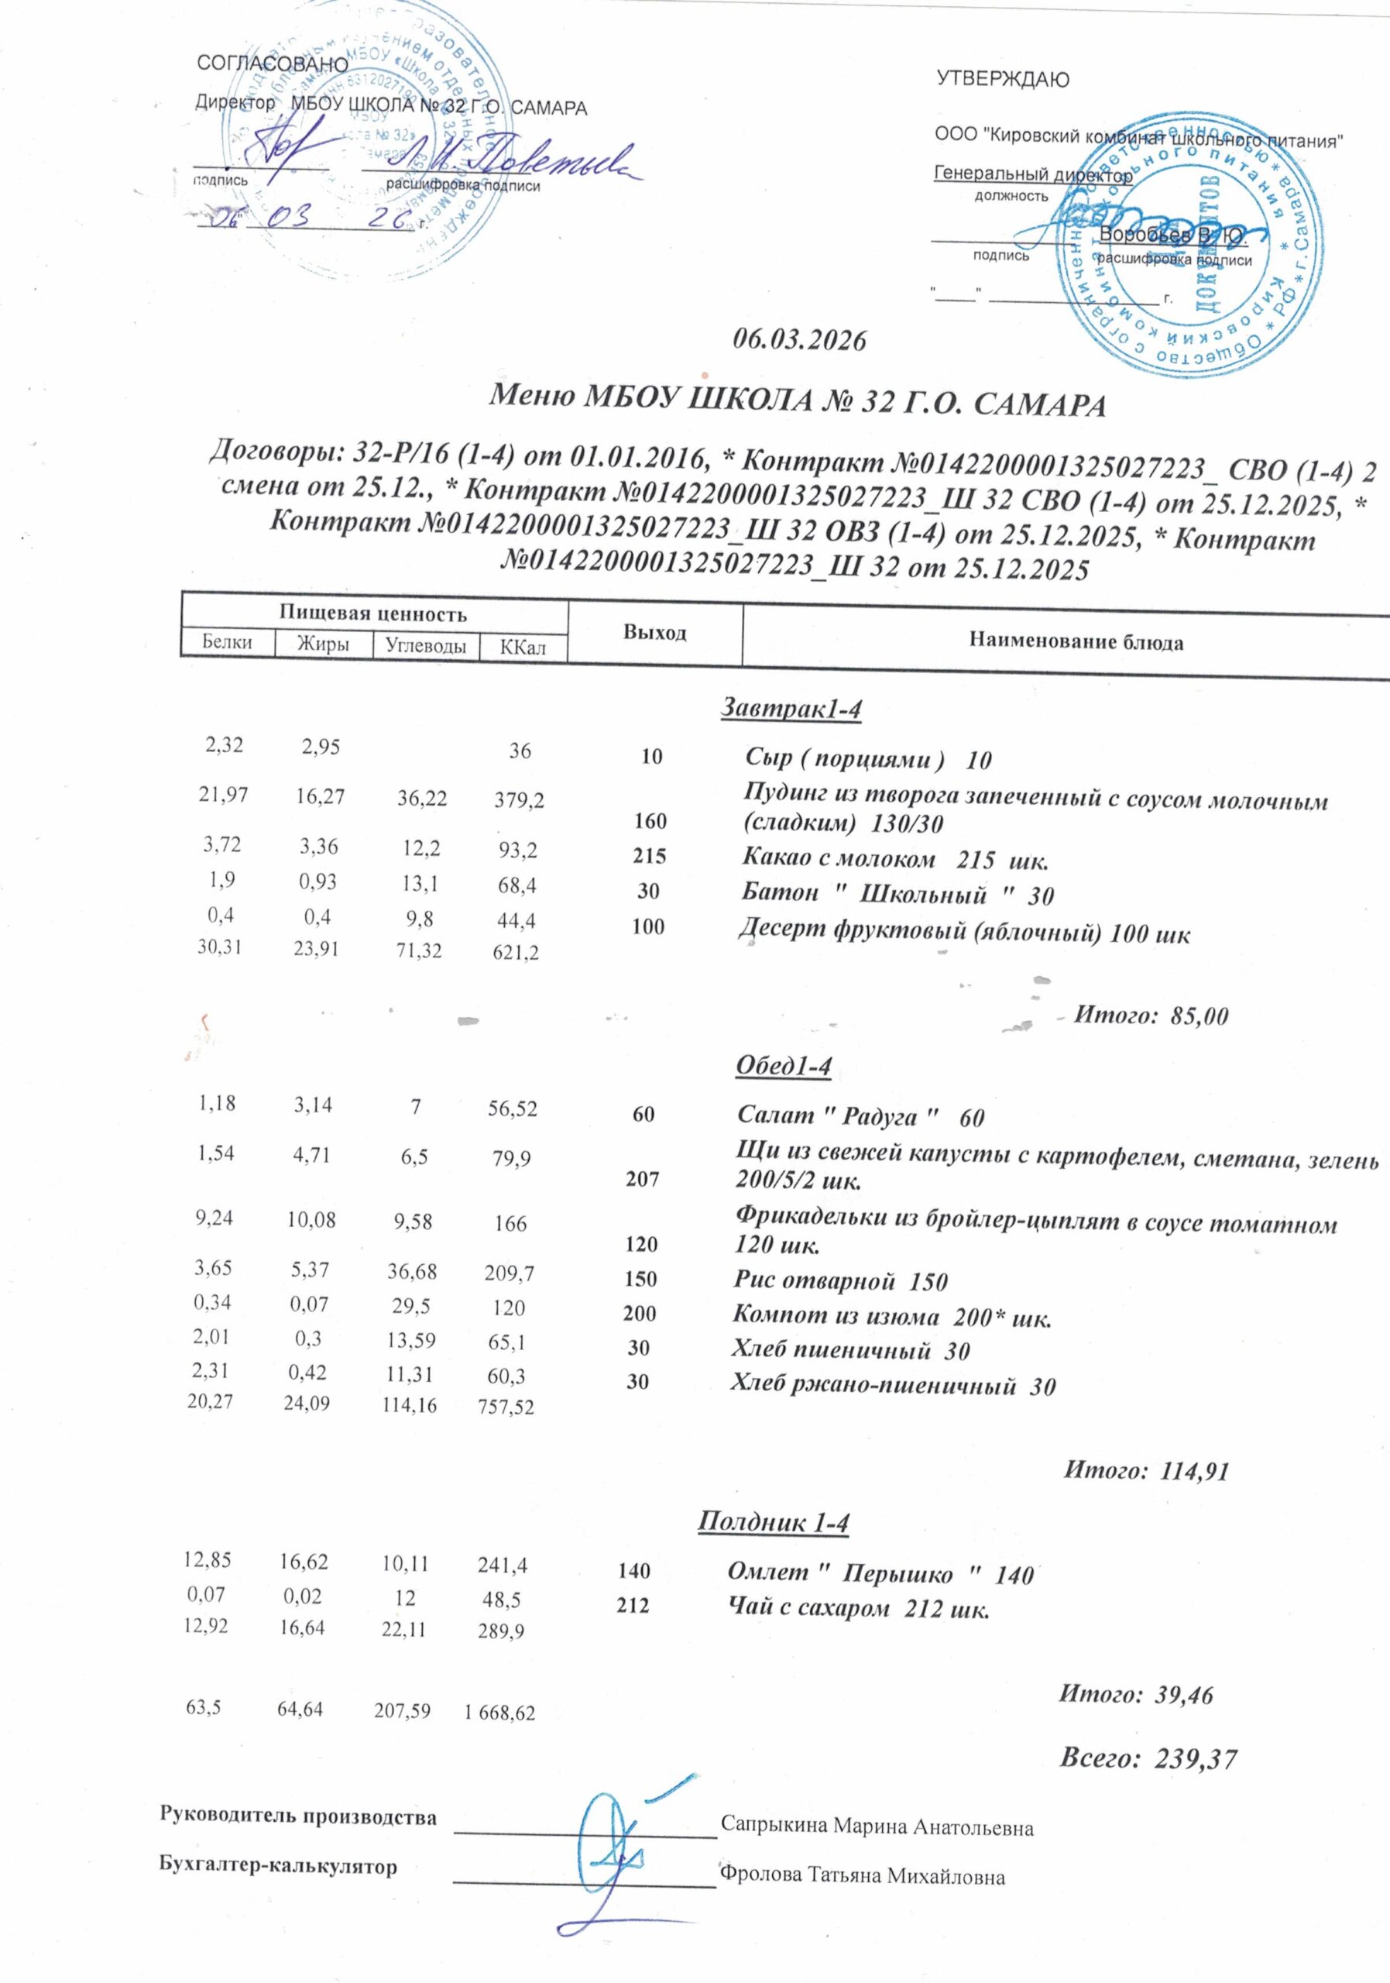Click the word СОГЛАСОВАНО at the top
coord(273,65)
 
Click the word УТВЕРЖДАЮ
coord(1002,81)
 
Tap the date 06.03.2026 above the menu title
coord(798,340)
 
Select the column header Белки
coord(227,643)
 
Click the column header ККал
coord(523,647)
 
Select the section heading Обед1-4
coord(782,1067)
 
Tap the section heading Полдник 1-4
coord(773,1522)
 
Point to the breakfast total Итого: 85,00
coord(1149,1016)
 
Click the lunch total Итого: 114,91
coord(1144,1470)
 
